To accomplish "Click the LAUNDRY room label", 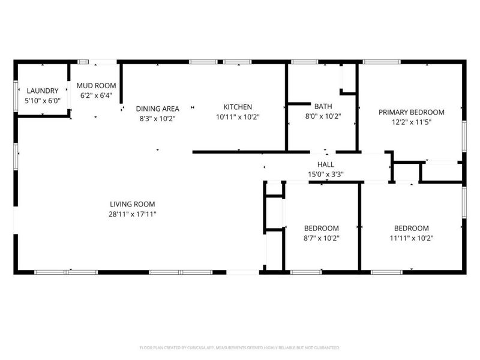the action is coord(43,91).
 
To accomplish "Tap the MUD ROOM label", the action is coord(96,85).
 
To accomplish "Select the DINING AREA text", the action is coord(157,109).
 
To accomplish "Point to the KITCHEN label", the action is coord(238,107).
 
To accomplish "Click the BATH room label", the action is coord(323,106).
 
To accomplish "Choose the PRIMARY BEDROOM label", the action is coord(412,112).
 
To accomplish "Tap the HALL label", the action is coord(326,164).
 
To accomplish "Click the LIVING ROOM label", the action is coord(133,204).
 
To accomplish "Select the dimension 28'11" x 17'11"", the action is coord(133,214).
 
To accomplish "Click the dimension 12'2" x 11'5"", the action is coord(412,122).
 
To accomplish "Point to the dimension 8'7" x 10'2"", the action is coord(322,238).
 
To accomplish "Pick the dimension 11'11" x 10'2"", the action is coord(412,238).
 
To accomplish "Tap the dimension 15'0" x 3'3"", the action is coord(326,174).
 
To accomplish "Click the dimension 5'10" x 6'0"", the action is coord(43,100).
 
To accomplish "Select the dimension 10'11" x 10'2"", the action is coord(238,116).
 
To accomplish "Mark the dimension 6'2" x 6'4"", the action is coord(96,95).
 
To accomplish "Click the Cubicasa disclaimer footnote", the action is coord(239,347).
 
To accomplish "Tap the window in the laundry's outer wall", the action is coord(16,96).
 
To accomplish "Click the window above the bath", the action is coord(305,62).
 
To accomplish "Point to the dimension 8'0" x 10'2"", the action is coord(323,116).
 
